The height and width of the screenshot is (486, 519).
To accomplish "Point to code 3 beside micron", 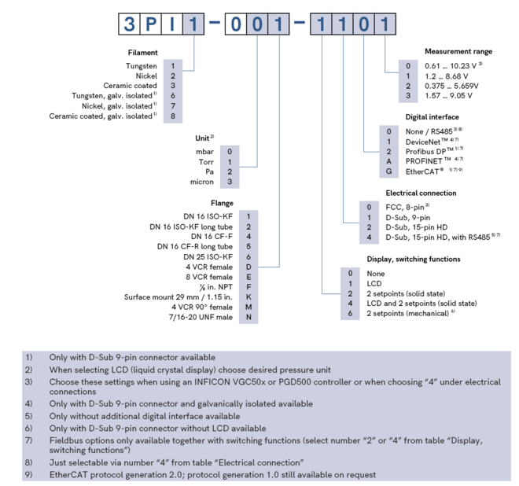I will pyautogui.click(x=229, y=182).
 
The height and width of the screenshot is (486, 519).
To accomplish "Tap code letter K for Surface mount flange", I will pyautogui.click(x=248, y=296).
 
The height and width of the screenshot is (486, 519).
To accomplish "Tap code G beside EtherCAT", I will pyautogui.click(x=388, y=171).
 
